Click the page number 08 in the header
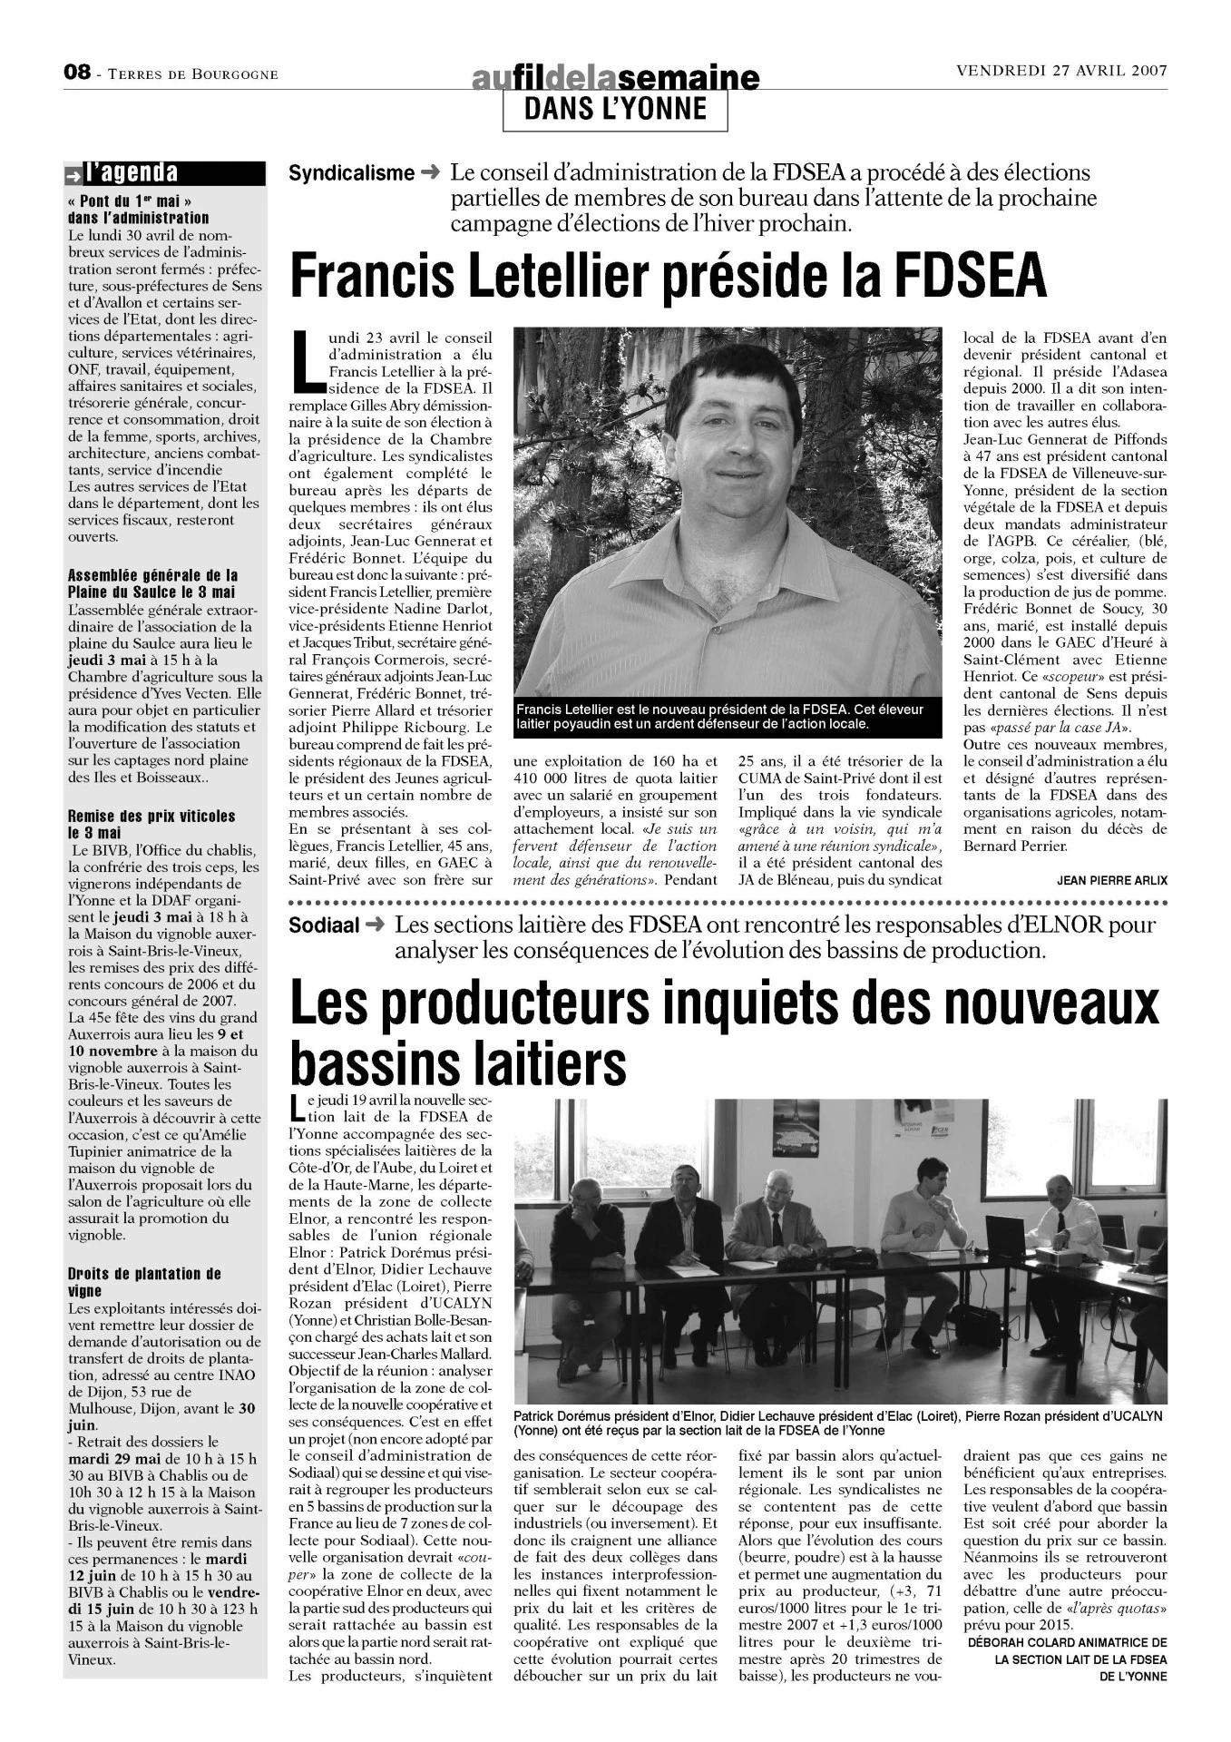(77, 73)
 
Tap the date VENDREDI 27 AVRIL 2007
(1060, 72)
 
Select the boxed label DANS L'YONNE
(615, 110)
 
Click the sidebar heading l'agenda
(132, 172)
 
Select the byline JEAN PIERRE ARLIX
(1111, 880)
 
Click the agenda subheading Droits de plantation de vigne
(144, 1282)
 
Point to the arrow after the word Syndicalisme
(431, 172)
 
